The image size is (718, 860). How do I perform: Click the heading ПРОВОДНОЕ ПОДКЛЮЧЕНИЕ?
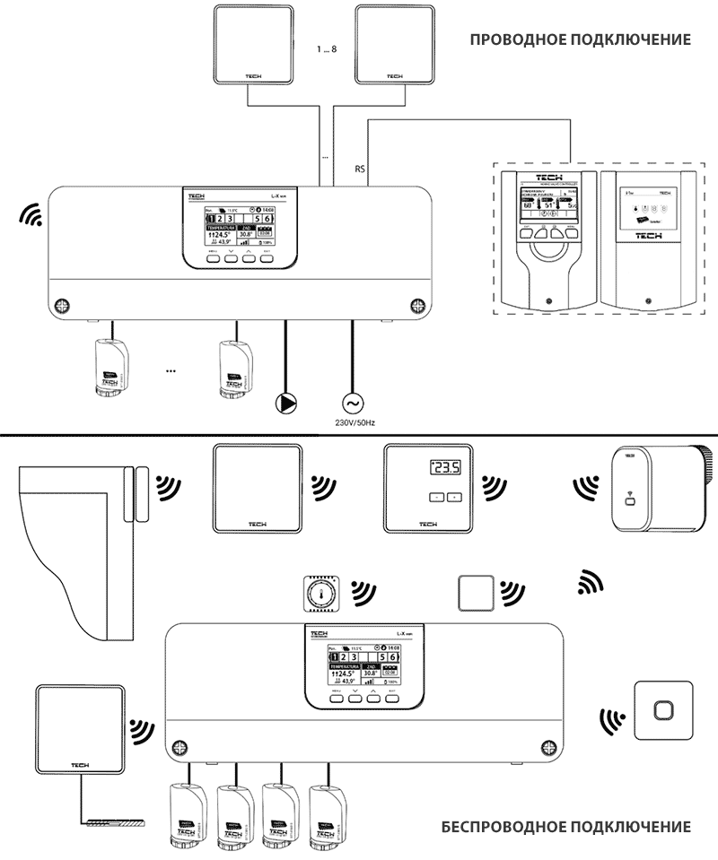click(x=581, y=40)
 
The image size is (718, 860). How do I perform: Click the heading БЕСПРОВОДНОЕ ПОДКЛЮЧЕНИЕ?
click(x=566, y=826)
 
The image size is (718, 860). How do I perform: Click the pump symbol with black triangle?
click(x=285, y=403)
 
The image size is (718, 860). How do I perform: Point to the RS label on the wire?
click(x=360, y=169)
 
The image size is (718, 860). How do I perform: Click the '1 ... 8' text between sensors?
click(x=328, y=48)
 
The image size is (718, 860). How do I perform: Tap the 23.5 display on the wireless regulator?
click(x=444, y=467)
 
